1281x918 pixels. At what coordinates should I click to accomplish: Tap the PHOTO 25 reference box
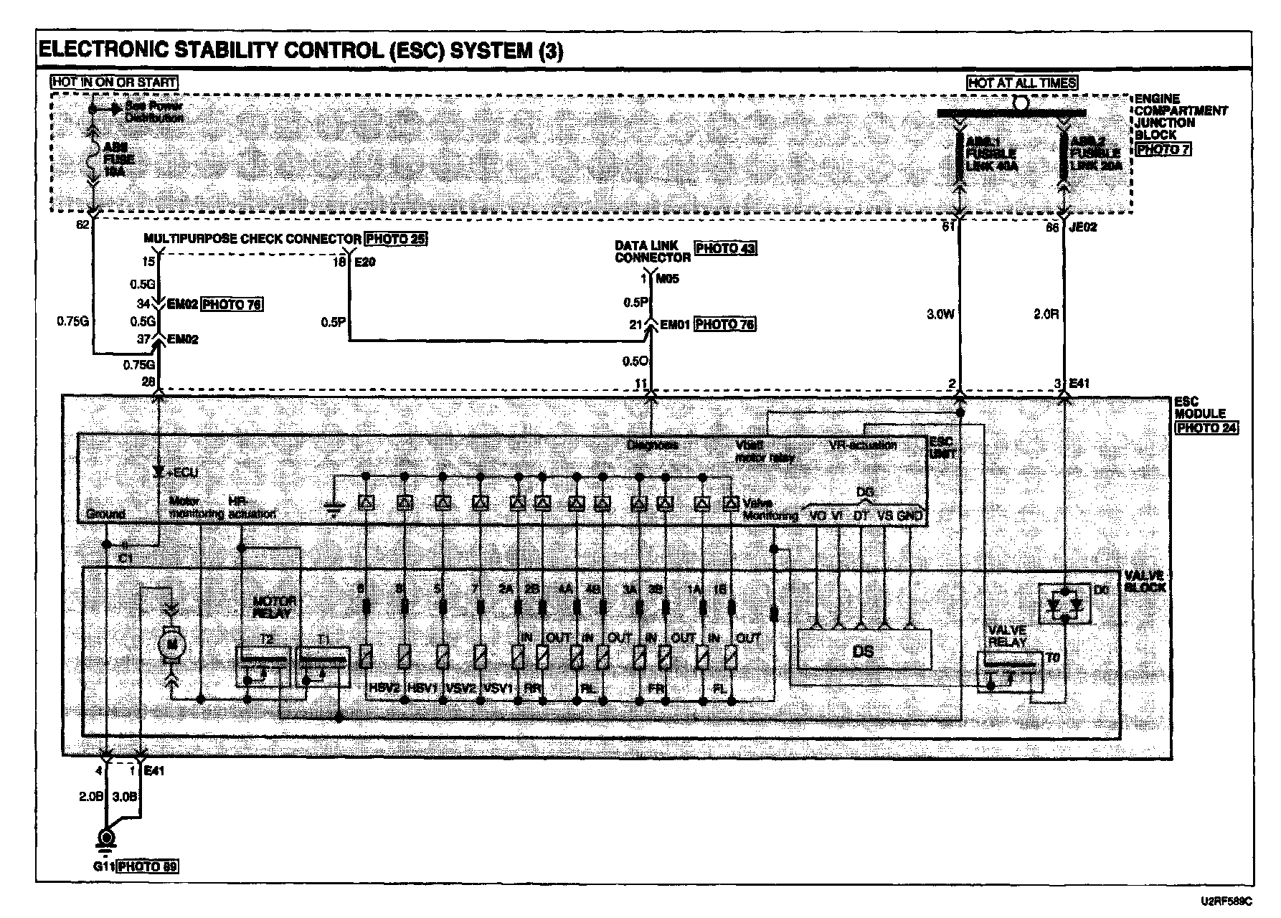395,238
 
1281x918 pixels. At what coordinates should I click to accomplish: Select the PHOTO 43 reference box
726,248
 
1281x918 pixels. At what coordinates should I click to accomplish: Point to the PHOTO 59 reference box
147,866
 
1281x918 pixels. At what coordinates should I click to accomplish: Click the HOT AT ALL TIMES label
1021,82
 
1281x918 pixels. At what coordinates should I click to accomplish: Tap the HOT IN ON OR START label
114,82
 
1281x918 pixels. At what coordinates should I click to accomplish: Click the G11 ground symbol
106,840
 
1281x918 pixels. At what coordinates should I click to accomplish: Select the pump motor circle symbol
171,643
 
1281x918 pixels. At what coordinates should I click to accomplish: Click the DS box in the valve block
864,650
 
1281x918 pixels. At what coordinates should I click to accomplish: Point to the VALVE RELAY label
1007,636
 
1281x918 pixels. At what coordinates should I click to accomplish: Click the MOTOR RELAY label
275,607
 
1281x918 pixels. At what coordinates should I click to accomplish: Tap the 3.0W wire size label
940,314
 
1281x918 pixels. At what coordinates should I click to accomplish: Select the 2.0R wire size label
1046,314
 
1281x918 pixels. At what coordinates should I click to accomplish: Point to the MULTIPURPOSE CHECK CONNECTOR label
252,239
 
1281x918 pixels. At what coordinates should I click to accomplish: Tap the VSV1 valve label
498,688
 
